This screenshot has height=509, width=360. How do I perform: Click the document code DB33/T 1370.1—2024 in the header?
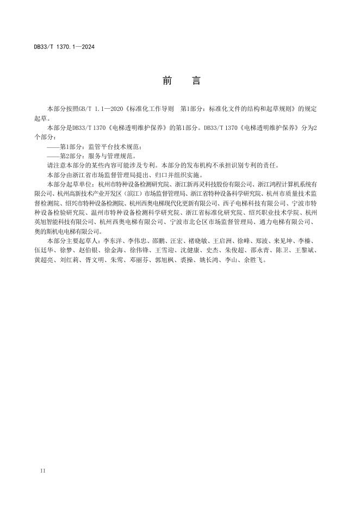(64, 47)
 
